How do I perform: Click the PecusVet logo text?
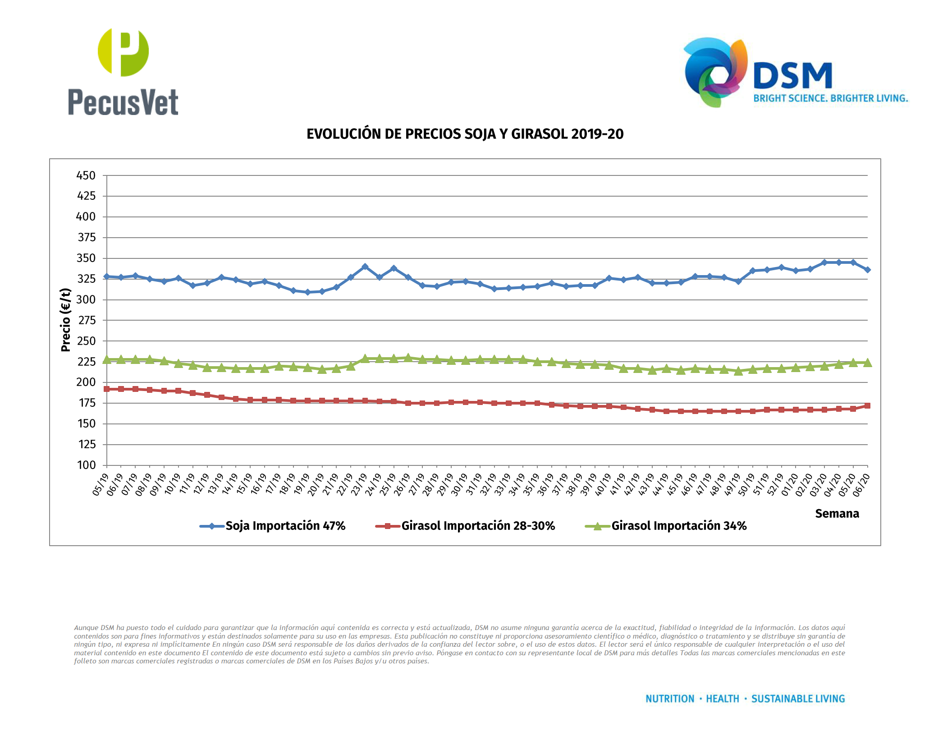click(x=123, y=102)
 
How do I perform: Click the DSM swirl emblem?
click(x=714, y=72)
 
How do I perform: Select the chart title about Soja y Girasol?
click(x=465, y=134)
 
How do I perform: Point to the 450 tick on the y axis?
click(x=86, y=175)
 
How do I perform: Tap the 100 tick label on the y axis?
click(x=86, y=465)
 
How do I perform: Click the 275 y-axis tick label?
click(x=86, y=320)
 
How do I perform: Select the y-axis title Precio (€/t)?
click(x=66, y=320)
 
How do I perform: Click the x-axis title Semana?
click(x=837, y=514)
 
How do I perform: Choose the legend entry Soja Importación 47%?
click(x=285, y=526)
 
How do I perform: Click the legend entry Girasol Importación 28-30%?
click(x=478, y=526)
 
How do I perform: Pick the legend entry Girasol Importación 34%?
click(x=678, y=526)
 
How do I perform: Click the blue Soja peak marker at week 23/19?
click(x=365, y=267)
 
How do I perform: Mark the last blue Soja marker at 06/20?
click(x=867, y=270)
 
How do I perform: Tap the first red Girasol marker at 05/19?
click(x=107, y=389)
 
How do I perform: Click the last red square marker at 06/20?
click(x=867, y=406)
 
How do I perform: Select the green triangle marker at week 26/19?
click(x=408, y=358)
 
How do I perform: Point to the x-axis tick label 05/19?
click(x=101, y=484)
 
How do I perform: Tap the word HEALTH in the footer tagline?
click(x=722, y=699)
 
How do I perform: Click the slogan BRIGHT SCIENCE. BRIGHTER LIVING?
click(x=830, y=98)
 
